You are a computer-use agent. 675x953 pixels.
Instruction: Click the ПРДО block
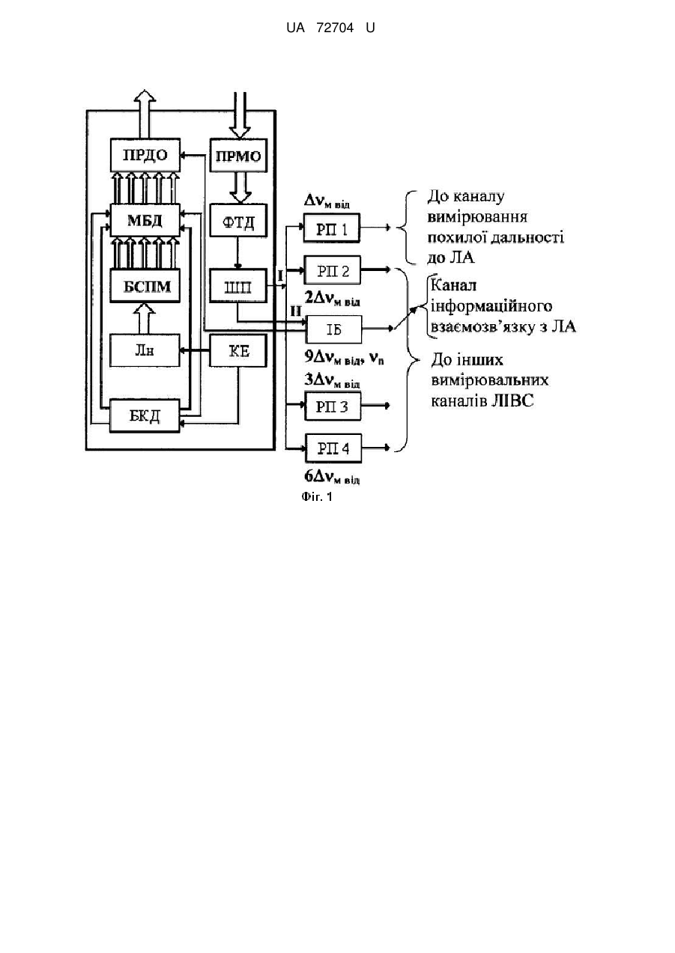145,155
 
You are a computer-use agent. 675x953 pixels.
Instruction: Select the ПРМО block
238,156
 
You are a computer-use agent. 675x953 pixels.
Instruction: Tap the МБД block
145,220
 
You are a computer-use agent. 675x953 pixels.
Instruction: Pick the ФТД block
238,221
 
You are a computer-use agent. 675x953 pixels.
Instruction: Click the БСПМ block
145,286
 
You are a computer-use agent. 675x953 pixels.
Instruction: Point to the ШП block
238,286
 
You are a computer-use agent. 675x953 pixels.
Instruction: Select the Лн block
145,350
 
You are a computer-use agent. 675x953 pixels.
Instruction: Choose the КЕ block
238,350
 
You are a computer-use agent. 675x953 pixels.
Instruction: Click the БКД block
145,415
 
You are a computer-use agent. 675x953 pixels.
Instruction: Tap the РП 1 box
332,228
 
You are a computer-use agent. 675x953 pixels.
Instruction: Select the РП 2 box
332,270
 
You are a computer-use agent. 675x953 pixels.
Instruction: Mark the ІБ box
334,329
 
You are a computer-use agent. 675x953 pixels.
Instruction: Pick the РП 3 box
333,407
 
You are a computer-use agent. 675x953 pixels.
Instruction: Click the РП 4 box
333,448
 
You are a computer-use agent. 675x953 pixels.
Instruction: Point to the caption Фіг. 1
317,496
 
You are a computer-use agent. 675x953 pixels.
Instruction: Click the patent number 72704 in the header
335,28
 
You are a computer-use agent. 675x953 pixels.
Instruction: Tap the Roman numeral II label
296,311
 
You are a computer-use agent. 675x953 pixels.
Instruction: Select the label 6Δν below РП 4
332,478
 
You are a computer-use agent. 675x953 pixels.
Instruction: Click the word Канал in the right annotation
453,285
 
